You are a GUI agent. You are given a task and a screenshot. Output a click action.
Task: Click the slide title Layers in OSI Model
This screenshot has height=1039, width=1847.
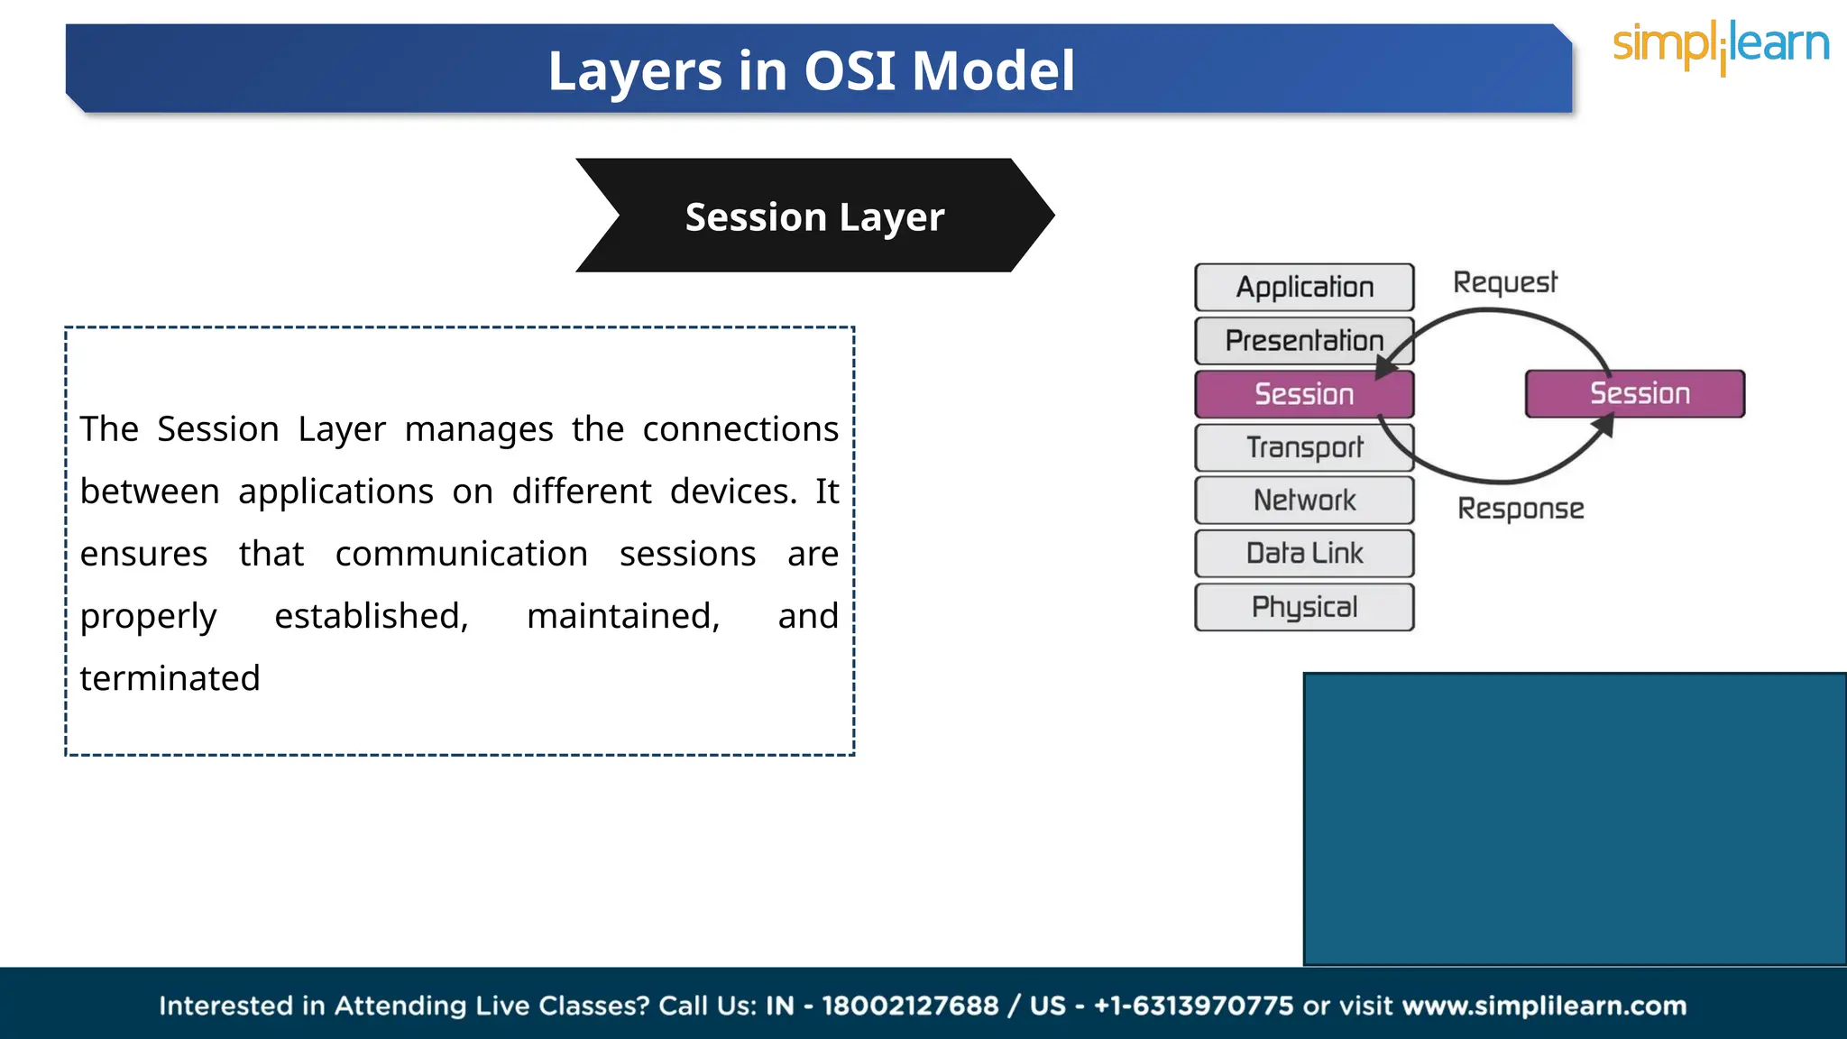point(811,70)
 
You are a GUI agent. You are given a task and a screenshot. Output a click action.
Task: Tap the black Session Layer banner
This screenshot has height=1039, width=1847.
point(814,216)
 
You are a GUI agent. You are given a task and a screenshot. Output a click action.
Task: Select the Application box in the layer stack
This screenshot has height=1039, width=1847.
point(1304,287)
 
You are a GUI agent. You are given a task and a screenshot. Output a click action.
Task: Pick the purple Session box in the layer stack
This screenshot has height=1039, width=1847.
point(1303,394)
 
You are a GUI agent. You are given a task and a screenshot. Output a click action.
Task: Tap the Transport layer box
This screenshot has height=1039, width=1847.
point(1304,447)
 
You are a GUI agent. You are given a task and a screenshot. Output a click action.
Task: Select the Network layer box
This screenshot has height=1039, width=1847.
point(1304,500)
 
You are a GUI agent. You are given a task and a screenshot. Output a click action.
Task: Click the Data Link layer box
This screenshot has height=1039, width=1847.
point(1304,553)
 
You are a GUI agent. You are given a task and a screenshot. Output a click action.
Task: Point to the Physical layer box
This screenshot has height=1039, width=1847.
point(1304,607)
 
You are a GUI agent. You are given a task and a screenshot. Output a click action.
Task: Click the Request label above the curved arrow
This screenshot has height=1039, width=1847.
point(1504,283)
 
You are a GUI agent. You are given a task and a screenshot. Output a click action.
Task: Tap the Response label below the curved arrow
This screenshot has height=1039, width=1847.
point(1521,509)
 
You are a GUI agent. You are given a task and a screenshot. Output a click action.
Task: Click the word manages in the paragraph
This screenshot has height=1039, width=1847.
point(478,429)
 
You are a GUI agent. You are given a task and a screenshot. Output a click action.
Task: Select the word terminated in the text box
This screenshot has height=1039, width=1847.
point(170,678)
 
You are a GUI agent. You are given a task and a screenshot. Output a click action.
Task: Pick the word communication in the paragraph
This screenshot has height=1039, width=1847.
point(461,554)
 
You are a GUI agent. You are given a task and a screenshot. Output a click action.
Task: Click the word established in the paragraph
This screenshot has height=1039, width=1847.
point(371,616)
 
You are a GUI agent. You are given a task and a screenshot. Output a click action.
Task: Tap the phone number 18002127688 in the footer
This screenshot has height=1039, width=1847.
point(910,1006)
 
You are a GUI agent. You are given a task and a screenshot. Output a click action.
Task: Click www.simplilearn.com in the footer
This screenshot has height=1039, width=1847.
point(1544,1006)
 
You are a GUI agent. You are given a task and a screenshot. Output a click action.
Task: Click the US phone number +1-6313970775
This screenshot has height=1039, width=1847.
point(1193,1006)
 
